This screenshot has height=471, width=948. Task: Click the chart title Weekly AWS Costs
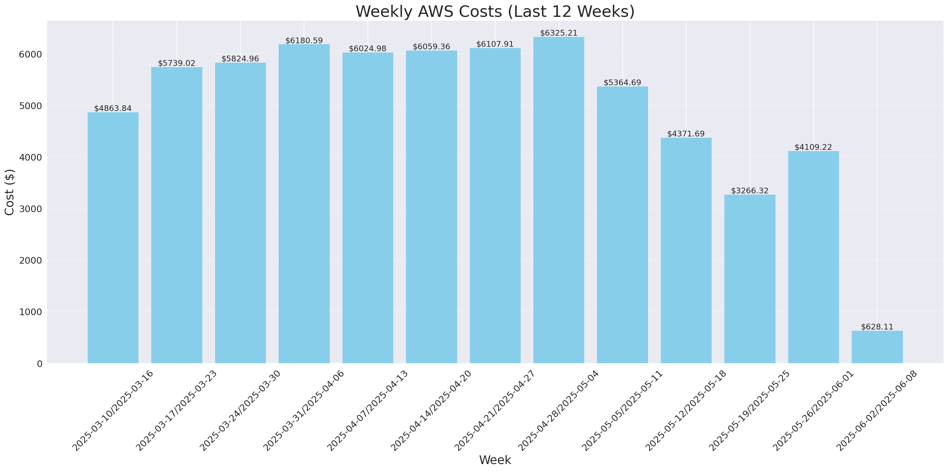pyautogui.click(x=495, y=11)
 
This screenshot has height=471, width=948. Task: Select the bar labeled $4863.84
pyautogui.click(x=113, y=238)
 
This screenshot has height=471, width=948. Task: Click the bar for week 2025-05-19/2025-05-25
pyautogui.click(x=750, y=279)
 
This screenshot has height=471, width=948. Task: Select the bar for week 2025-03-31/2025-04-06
pyautogui.click(x=304, y=204)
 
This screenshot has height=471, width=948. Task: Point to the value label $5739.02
pyautogui.click(x=177, y=63)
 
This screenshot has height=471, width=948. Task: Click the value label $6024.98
pyautogui.click(x=368, y=49)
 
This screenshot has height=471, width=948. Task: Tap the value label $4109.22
pyautogui.click(x=813, y=147)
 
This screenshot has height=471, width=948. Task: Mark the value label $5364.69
pyautogui.click(x=622, y=82)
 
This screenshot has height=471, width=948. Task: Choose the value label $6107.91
pyautogui.click(x=495, y=44)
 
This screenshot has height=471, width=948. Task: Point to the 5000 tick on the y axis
pyautogui.click(x=30, y=106)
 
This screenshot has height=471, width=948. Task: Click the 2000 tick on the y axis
pyautogui.click(x=30, y=260)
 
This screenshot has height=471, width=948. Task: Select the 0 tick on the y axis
pyautogui.click(x=39, y=364)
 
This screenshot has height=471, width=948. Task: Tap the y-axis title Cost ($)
pyautogui.click(x=10, y=192)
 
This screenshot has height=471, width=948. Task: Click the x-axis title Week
pyautogui.click(x=495, y=460)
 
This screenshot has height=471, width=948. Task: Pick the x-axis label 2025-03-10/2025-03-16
pyautogui.click(x=112, y=410)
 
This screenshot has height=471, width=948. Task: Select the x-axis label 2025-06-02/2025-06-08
pyautogui.click(x=877, y=410)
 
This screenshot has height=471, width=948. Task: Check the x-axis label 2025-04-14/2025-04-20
pyautogui.click(x=431, y=410)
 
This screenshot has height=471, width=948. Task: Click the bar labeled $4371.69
pyautogui.click(x=686, y=250)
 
